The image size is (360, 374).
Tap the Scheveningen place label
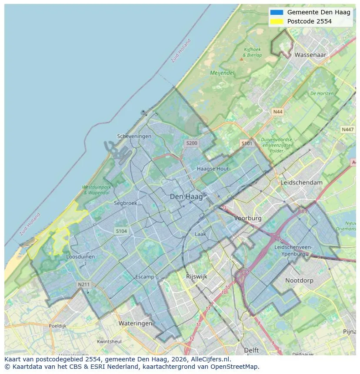pos(134,136)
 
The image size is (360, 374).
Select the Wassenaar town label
pos(310,55)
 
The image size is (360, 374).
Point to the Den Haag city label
pos(186,197)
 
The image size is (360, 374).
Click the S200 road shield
pos(191,143)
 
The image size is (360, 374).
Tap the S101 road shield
pos(247,143)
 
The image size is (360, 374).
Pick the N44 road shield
pos(277,112)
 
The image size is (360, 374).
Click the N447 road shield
pos(347,129)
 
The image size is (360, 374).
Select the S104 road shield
pos(121,231)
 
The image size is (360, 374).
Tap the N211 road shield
pos(83,285)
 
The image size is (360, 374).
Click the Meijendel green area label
pos(222,73)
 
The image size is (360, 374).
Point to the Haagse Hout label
pos(213,169)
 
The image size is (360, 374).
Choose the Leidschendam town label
pos(302,182)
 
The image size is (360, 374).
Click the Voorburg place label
pos(248,218)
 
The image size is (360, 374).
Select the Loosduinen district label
pos(80,257)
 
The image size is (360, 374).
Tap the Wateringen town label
pos(135,323)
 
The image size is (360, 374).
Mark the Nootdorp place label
pos(299,281)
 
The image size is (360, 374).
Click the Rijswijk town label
pos(197,276)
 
